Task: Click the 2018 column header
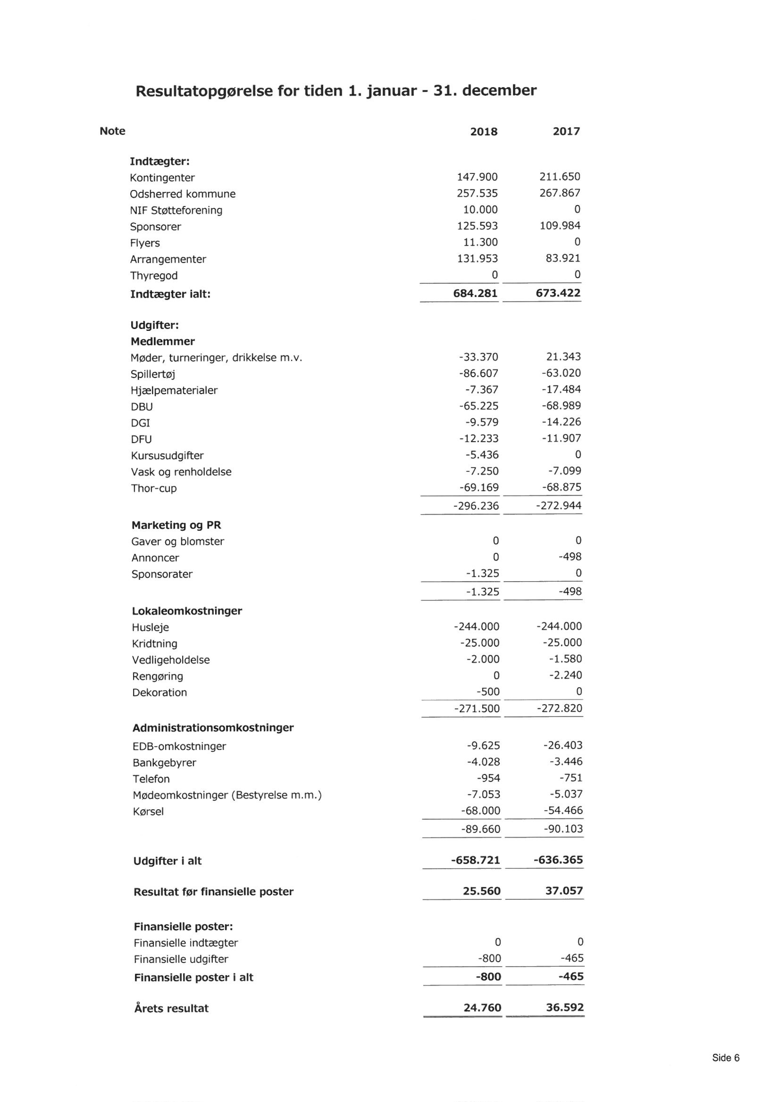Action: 484,131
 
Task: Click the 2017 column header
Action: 566,131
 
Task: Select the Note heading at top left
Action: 112,131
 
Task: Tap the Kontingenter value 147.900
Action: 477,177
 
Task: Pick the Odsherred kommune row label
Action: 182,194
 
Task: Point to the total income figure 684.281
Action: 475,293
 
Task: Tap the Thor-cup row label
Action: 154,488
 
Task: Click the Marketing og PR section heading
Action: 176,525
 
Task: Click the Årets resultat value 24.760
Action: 482,1007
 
